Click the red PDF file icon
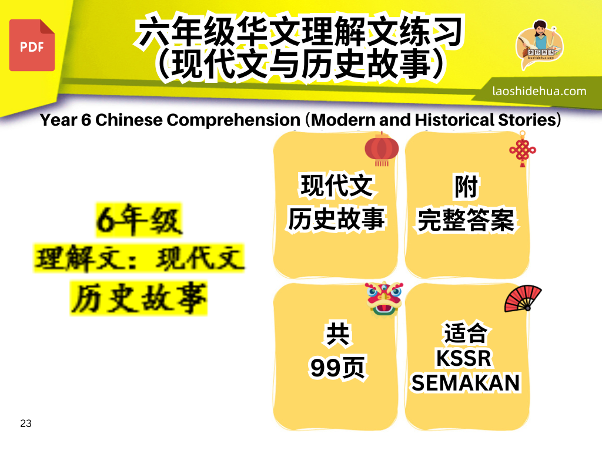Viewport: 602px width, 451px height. pyautogui.click(x=32, y=45)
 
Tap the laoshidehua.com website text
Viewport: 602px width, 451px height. pyautogui.click(x=539, y=91)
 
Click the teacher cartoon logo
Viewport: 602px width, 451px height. pyautogui.click(x=540, y=43)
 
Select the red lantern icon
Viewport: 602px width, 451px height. pyautogui.click(x=382, y=149)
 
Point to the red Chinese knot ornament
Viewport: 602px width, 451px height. pyautogui.click(x=523, y=149)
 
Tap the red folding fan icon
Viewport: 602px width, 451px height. pyautogui.click(x=523, y=298)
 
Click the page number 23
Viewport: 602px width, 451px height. pyautogui.click(x=26, y=423)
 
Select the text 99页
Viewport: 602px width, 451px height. pyautogui.click(x=337, y=368)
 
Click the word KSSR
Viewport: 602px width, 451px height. pyautogui.click(x=464, y=359)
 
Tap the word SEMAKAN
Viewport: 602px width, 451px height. pyautogui.click(x=466, y=383)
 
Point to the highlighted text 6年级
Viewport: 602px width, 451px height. pyautogui.click(x=139, y=220)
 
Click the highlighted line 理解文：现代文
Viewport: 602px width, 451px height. pyautogui.click(x=139, y=258)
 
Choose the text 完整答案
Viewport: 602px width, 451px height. pyautogui.click(x=466, y=220)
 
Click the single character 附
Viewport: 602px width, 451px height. pyautogui.click(x=466, y=187)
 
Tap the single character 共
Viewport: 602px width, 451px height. pyautogui.click(x=337, y=334)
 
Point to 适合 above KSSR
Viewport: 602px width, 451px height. pyautogui.click(x=466, y=333)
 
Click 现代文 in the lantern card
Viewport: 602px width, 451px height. pyautogui.click(x=337, y=186)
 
